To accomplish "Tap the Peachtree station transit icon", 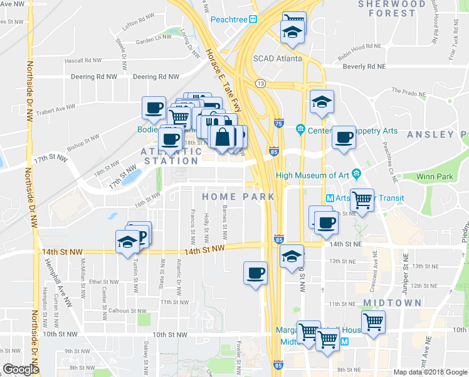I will (x=253, y=19).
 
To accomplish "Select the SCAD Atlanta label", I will (x=277, y=58).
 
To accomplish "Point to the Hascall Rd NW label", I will (x=83, y=61).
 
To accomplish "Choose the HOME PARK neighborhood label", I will (x=238, y=197).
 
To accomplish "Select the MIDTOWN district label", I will (x=392, y=303).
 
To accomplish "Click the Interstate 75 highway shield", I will (x=278, y=125).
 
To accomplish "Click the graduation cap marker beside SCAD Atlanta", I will (x=291, y=32).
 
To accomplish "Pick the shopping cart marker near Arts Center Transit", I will (x=361, y=200).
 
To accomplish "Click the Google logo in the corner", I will (x=21, y=369).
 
